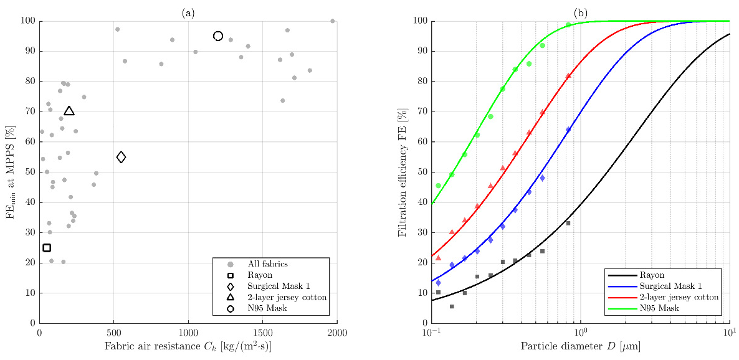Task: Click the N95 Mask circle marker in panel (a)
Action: tap(218, 36)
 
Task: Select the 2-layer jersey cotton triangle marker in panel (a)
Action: tap(69, 111)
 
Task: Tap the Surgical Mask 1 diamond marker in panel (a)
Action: tap(121, 157)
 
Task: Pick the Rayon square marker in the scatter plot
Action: tap(47, 248)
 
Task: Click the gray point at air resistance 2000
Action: tap(332, 21)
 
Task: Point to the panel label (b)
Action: tap(580, 13)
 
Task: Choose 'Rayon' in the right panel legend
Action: tap(652, 275)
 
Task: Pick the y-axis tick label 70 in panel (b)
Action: tap(420, 111)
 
